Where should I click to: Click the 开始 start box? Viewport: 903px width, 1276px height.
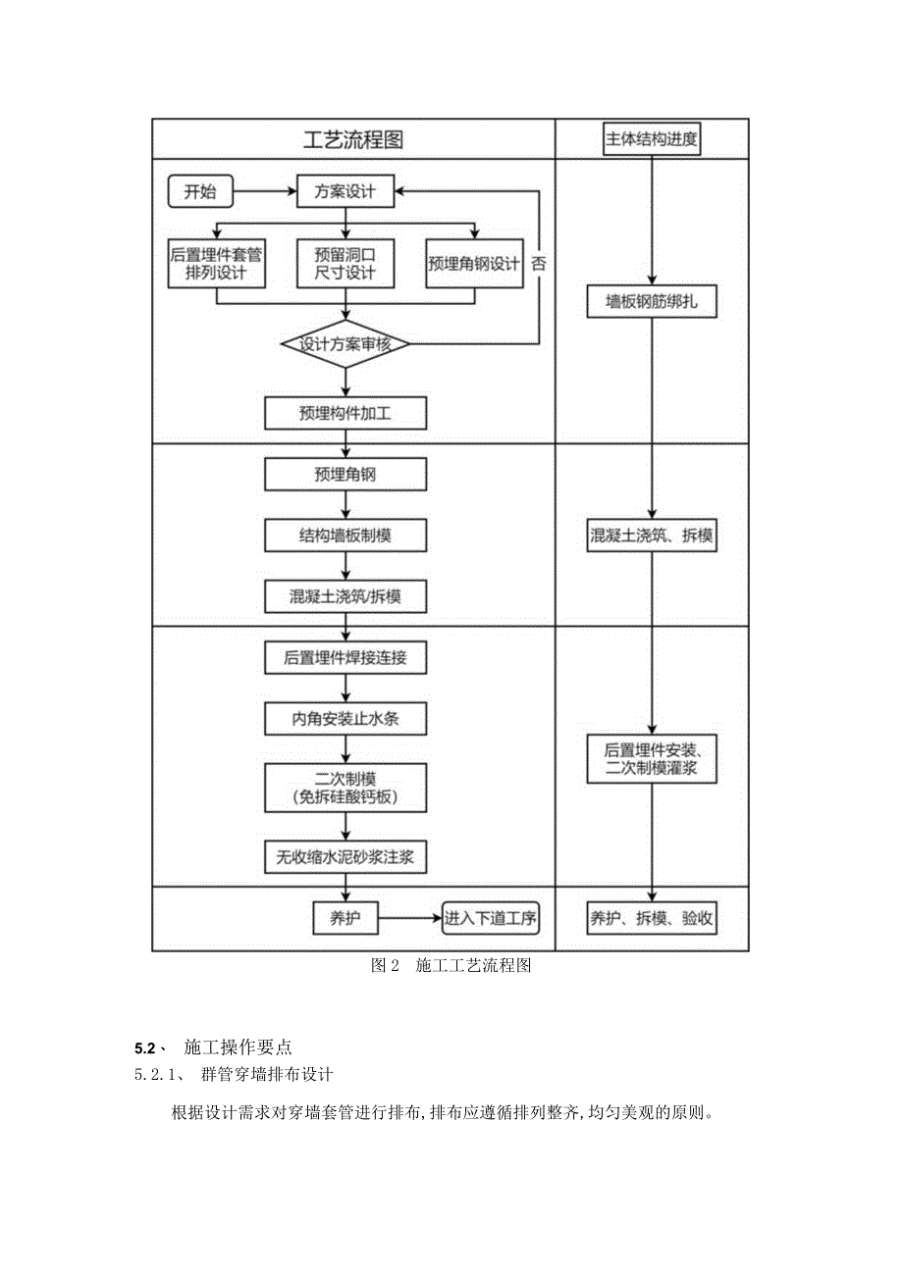click(x=200, y=191)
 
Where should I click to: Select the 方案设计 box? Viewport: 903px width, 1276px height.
click(x=345, y=191)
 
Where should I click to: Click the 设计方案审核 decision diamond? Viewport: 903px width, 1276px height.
click(x=345, y=343)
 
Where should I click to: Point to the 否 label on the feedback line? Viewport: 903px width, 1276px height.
click(x=539, y=264)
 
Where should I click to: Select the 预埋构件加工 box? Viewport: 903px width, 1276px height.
click(x=345, y=413)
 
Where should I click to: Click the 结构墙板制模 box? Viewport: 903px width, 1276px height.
click(x=345, y=536)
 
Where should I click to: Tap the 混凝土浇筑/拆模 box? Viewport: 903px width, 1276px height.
click(x=345, y=595)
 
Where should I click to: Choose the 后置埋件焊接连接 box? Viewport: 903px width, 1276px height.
click(x=345, y=658)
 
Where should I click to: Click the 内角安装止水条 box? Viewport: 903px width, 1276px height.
click(x=345, y=719)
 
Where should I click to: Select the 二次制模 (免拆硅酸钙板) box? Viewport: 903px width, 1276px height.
click(x=345, y=788)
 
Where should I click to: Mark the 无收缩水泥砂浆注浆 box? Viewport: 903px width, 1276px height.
click(x=345, y=856)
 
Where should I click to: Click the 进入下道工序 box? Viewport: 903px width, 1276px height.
click(x=491, y=918)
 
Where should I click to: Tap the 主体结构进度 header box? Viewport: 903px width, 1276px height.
click(x=652, y=139)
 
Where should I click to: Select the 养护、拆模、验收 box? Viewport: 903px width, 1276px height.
click(x=652, y=918)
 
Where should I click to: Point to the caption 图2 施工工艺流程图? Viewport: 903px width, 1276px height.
click(x=451, y=966)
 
